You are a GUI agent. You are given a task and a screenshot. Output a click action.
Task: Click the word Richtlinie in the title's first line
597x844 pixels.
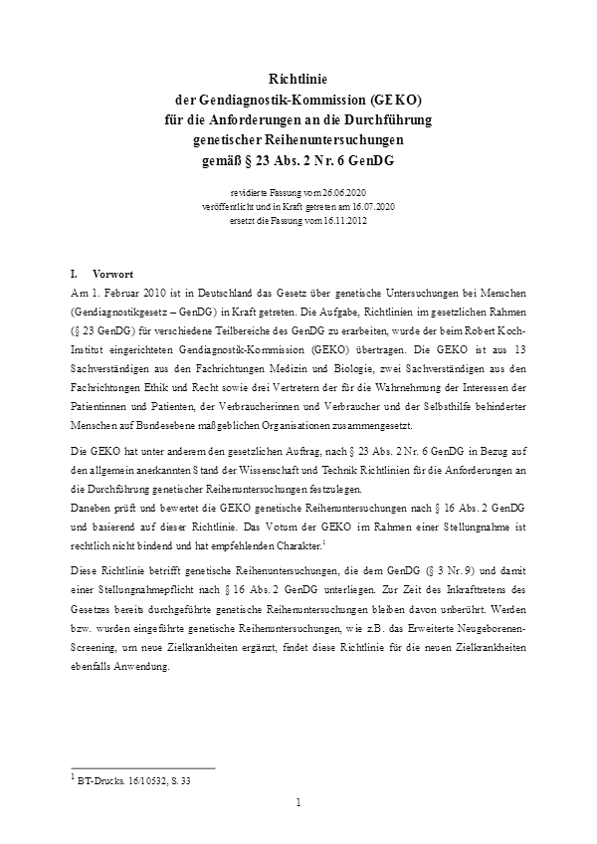click(x=298, y=79)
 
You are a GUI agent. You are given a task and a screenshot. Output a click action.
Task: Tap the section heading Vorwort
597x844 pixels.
click(x=113, y=273)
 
